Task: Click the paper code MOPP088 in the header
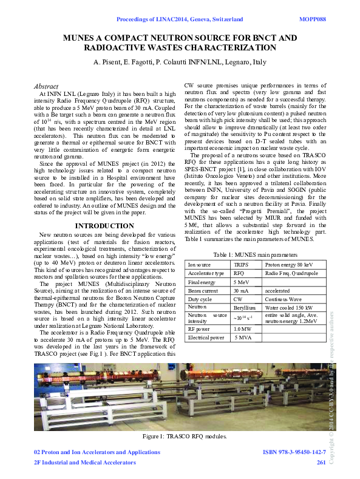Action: pyautogui.click(x=313, y=19)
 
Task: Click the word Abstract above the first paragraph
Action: pyautogui.click(x=46, y=87)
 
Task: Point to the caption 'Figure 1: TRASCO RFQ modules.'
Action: pyautogui.click(x=180, y=437)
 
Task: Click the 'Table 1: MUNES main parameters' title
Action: pyautogui.click(x=256, y=254)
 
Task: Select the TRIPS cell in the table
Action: pyautogui.click(x=242, y=265)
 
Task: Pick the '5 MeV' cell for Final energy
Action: pyautogui.click(x=242, y=282)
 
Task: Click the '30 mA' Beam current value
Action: pyautogui.click(x=242, y=290)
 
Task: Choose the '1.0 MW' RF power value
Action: pyautogui.click(x=243, y=328)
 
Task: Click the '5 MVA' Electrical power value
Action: pyautogui.click(x=243, y=337)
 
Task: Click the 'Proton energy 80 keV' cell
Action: pyautogui.click(x=290, y=265)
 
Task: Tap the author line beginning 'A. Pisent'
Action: pyautogui.click(x=180, y=63)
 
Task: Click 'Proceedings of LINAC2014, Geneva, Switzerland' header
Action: pyautogui.click(x=180, y=19)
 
